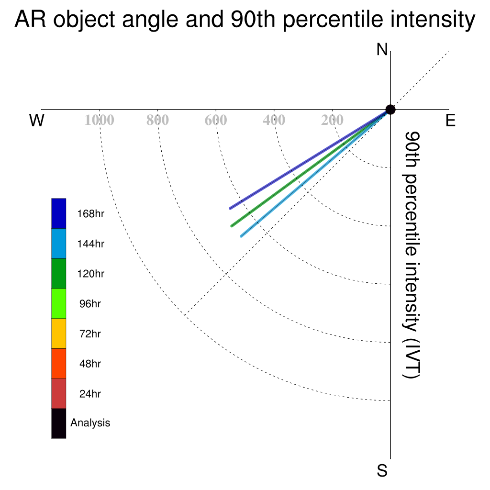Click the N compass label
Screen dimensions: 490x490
(382, 50)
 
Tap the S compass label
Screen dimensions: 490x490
(382, 470)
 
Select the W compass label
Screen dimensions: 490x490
(37, 120)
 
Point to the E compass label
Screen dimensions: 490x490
(450, 120)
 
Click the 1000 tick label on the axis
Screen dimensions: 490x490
(100, 120)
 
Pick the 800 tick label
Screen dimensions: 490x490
(157, 120)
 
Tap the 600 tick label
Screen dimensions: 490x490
(216, 120)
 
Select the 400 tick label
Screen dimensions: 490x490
(274, 120)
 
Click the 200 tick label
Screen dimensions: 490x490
(332, 120)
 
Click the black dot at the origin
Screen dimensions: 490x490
(390, 110)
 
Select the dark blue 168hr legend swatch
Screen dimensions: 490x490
(59, 213)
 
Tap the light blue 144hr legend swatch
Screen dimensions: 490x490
(59, 244)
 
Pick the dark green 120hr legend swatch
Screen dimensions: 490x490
(59, 273)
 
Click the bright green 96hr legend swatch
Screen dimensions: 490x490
(59, 303)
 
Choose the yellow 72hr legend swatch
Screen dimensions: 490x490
(59, 334)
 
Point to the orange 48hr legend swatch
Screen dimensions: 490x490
(59, 364)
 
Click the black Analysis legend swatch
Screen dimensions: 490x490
(59, 423)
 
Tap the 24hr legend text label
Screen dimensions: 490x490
(90, 394)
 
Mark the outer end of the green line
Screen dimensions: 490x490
(232, 226)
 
